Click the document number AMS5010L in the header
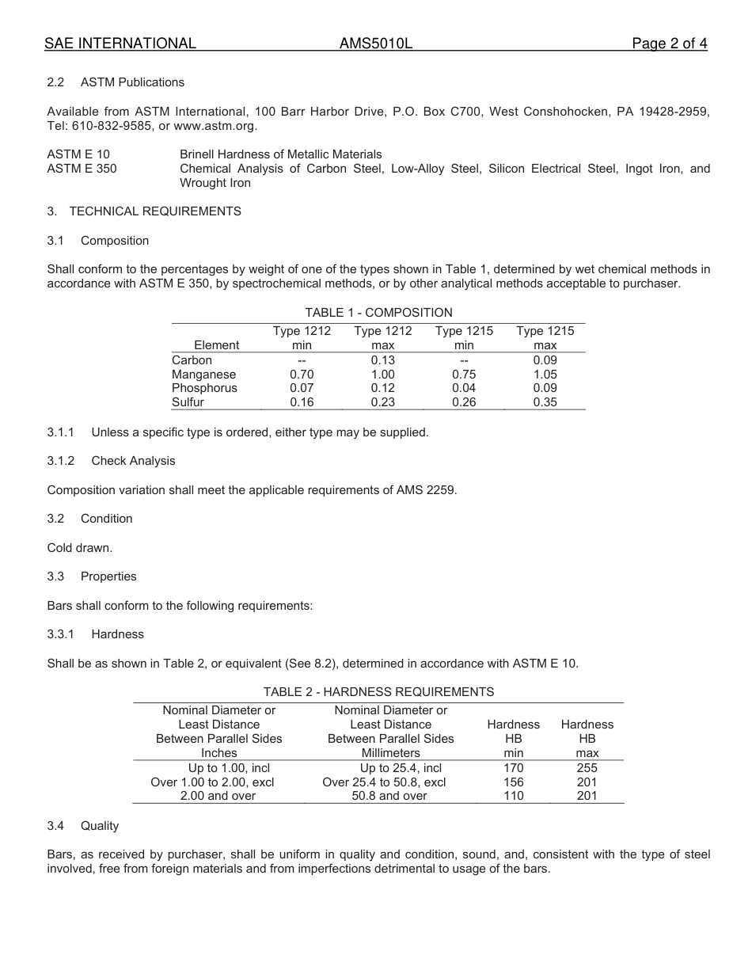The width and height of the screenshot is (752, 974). point(376,44)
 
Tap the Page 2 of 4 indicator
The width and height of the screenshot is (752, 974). point(669,44)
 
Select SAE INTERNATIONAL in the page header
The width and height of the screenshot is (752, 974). point(120,44)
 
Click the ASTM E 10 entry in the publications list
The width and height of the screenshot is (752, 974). point(78,154)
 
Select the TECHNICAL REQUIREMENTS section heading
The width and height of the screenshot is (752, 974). point(155,211)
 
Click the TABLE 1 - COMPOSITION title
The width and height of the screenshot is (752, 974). point(378,313)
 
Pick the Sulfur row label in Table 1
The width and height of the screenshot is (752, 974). point(188,402)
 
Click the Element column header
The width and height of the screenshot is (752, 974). point(216,345)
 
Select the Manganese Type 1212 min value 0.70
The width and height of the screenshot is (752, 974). point(302,374)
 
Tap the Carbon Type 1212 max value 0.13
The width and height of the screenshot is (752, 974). point(383,360)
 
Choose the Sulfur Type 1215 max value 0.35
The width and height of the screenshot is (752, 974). point(545,402)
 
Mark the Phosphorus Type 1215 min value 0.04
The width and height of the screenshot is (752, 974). point(464,388)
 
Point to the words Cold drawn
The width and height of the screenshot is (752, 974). point(79,547)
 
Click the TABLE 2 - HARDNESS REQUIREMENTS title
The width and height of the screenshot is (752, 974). point(378,691)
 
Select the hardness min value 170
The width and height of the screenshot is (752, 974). point(513,768)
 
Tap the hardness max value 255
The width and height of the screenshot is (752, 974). point(587,768)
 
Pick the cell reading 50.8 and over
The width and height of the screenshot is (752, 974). point(389,796)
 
